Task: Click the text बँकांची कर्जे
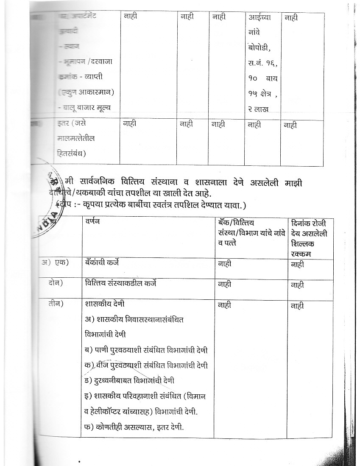tap(102, 262)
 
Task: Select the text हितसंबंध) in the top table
tap(71, 153)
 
